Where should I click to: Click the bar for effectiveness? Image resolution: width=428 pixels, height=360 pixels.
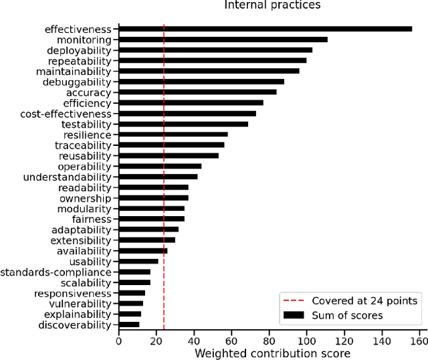click(x=265, y=29)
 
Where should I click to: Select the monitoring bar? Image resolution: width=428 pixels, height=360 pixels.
click(x=223, y=39)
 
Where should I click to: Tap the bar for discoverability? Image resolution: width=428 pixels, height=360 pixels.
click(x=129, y=325)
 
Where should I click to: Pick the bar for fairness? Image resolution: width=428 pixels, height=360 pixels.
click(x=151, y=219)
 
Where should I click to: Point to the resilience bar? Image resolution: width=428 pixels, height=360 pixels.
click(x=173, y=134)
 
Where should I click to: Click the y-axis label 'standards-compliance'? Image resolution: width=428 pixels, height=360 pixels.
click(x=56, y=272)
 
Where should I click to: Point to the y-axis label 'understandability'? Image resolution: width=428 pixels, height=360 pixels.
click(x=67, y=177)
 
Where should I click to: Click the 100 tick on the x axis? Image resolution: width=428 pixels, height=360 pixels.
click(x=307, y=341)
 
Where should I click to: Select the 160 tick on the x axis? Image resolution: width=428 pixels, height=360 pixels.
click(x=419, y=341)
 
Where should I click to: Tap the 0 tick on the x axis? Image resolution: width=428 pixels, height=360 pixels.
click(x=119, y=341)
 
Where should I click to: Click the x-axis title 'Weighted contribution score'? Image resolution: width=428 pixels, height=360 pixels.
click(x=272, y=353)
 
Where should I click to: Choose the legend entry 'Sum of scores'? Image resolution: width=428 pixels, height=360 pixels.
click(x=348, y=314)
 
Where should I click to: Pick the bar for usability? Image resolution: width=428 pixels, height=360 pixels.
click(x=138, y=261)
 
